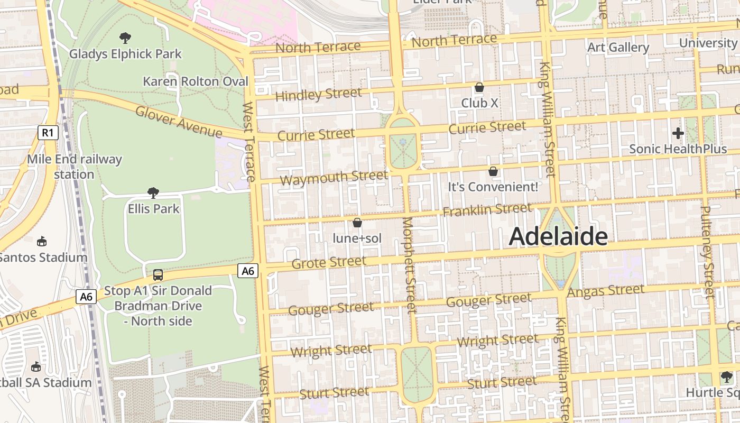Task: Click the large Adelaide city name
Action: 558,237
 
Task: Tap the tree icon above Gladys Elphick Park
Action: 125,38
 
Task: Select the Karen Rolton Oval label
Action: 196,81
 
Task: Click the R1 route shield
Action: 48,132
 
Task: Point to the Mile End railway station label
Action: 74,167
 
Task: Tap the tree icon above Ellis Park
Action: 153,192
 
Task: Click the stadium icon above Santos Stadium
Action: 42,242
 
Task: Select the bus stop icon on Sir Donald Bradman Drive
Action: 158,274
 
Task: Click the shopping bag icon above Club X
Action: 479,87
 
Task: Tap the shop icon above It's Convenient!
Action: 493,171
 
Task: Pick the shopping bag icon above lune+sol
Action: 357,223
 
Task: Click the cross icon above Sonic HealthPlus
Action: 678,133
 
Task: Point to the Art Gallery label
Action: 618,48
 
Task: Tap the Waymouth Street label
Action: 334,178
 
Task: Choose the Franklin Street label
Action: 487,210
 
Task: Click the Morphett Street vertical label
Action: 410,264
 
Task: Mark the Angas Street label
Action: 605,291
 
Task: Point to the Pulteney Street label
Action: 707,251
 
